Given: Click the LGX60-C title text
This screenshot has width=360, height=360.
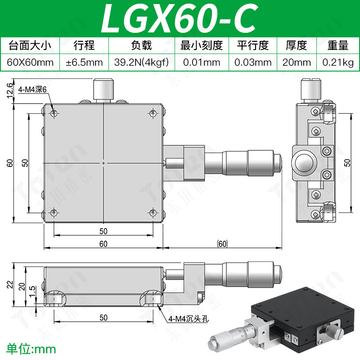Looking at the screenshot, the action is click(179, 19).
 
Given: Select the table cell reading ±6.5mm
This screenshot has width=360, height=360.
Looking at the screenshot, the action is click(84, 63).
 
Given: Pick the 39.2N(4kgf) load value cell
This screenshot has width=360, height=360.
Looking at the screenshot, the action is click(141, 63).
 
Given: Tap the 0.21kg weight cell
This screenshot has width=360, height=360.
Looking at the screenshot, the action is click(338, 63).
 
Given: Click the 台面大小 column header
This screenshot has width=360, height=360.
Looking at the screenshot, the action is click(30, 45).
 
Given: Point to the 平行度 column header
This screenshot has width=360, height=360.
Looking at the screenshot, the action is click(253, 45).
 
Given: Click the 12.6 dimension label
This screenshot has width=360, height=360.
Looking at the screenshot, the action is click(9, 90).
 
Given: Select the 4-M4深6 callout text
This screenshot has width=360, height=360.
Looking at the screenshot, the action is click(32, 89).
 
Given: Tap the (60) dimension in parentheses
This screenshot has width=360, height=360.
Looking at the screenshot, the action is click(222, 243).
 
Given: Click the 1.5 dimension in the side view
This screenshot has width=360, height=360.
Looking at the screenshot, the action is click(32, 291).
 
